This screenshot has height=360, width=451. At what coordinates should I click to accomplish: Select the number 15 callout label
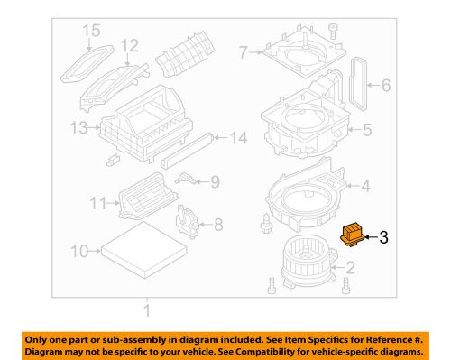88,32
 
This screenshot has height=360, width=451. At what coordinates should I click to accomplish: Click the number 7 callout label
242,53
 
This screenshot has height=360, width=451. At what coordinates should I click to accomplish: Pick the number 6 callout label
385,87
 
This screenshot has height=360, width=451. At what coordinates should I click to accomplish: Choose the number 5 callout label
367,129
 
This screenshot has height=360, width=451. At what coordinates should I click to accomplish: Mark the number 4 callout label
367,188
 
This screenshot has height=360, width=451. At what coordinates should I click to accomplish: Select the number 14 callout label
238,138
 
